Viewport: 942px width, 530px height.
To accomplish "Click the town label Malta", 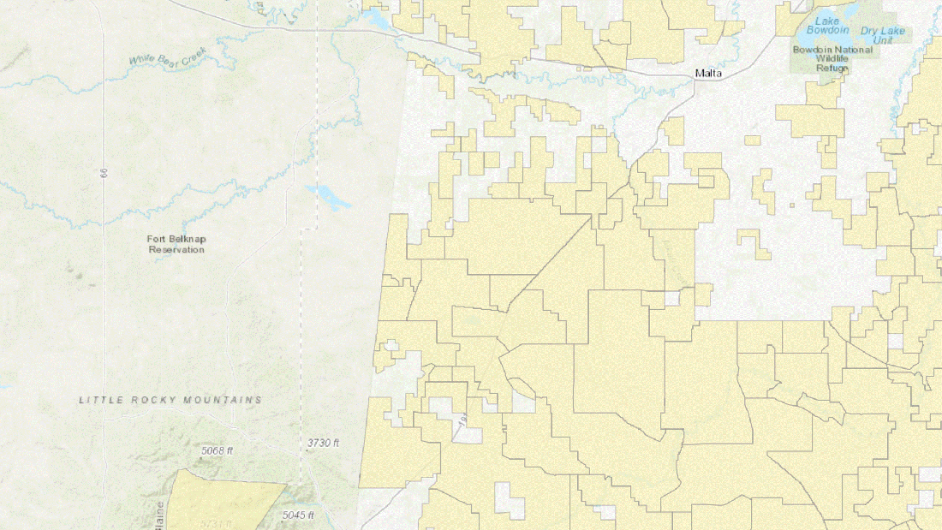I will [707, 74].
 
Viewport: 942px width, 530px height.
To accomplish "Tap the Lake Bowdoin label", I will [827, 26].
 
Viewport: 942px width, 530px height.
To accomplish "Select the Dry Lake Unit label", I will [882, 36].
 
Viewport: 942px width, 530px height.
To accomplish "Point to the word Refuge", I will [832, 68].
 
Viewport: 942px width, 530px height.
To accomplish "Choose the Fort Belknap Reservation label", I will [176, 244].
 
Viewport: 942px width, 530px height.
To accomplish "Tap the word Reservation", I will [176, 250].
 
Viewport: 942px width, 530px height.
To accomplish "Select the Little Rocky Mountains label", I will [170, 400].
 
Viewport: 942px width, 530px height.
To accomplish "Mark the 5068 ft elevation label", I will [217, 450].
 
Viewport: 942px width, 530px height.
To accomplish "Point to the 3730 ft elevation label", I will [323, 443].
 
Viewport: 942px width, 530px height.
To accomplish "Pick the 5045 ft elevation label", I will [298, 515].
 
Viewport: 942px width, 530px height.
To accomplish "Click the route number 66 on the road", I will [104, 173].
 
